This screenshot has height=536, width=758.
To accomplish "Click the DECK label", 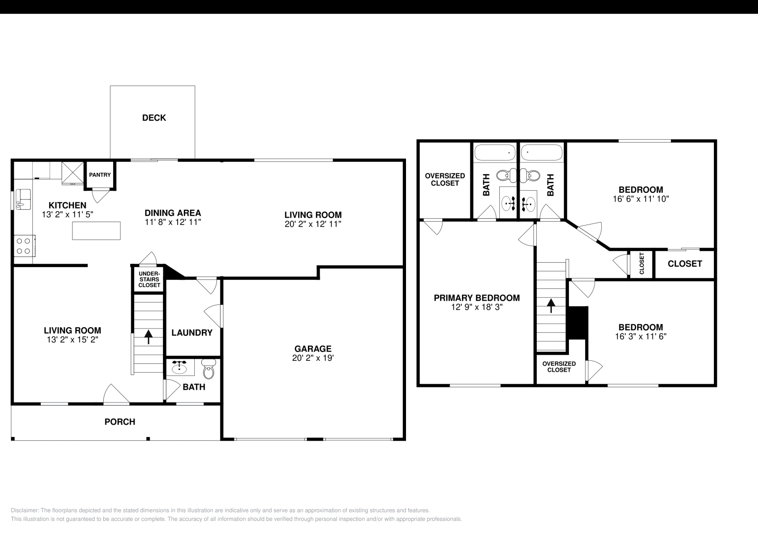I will tap(154, 118).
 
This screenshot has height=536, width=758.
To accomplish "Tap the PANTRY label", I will tap(100, 175).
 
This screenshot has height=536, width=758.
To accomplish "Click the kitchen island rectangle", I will tap(96, 231).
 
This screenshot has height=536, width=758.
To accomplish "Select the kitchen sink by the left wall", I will tap(22, 199).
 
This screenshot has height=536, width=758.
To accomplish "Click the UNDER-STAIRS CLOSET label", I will tap(149, 279).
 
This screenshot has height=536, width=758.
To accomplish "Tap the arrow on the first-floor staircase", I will tap(148, 337).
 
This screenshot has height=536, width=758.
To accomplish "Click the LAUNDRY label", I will tap(192, 333).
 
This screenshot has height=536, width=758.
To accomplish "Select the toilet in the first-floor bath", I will tap(208, 369).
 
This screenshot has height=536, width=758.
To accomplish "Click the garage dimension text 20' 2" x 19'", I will tap(313, 358).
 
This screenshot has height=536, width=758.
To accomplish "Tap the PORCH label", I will tap(120, 422).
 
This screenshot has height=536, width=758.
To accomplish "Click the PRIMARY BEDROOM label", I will tap(477, 298).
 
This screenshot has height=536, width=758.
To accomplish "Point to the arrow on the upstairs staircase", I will tap(551, 305).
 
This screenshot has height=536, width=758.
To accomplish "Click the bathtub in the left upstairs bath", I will tap(495, 153).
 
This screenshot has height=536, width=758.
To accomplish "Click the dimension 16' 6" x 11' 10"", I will tap(641, 199).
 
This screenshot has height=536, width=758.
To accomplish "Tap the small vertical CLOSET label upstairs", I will tap(642, 264).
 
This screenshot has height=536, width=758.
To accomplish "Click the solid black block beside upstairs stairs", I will tap(578, 323).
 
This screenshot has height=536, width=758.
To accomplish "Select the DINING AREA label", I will tap(173, 213).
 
